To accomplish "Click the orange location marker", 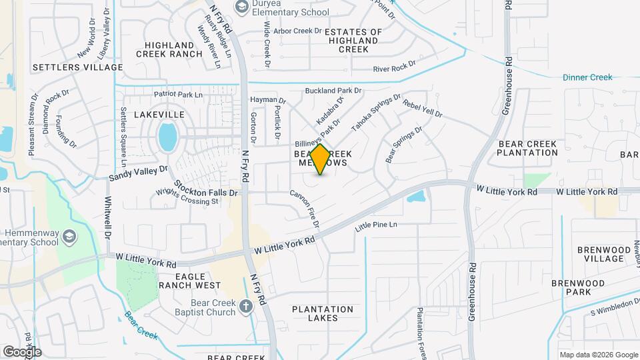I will coord(320,159).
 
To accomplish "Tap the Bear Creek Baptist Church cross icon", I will coord(246,307).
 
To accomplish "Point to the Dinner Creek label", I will coord(587,77).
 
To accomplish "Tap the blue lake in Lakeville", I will coord(168,137).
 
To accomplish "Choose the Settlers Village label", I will coord(77,67).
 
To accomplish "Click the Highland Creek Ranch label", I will coord(169,49).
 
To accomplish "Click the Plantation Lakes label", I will coord(323,313).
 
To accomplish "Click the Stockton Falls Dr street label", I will coord(205,187).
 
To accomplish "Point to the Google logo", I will coord(22,351).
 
